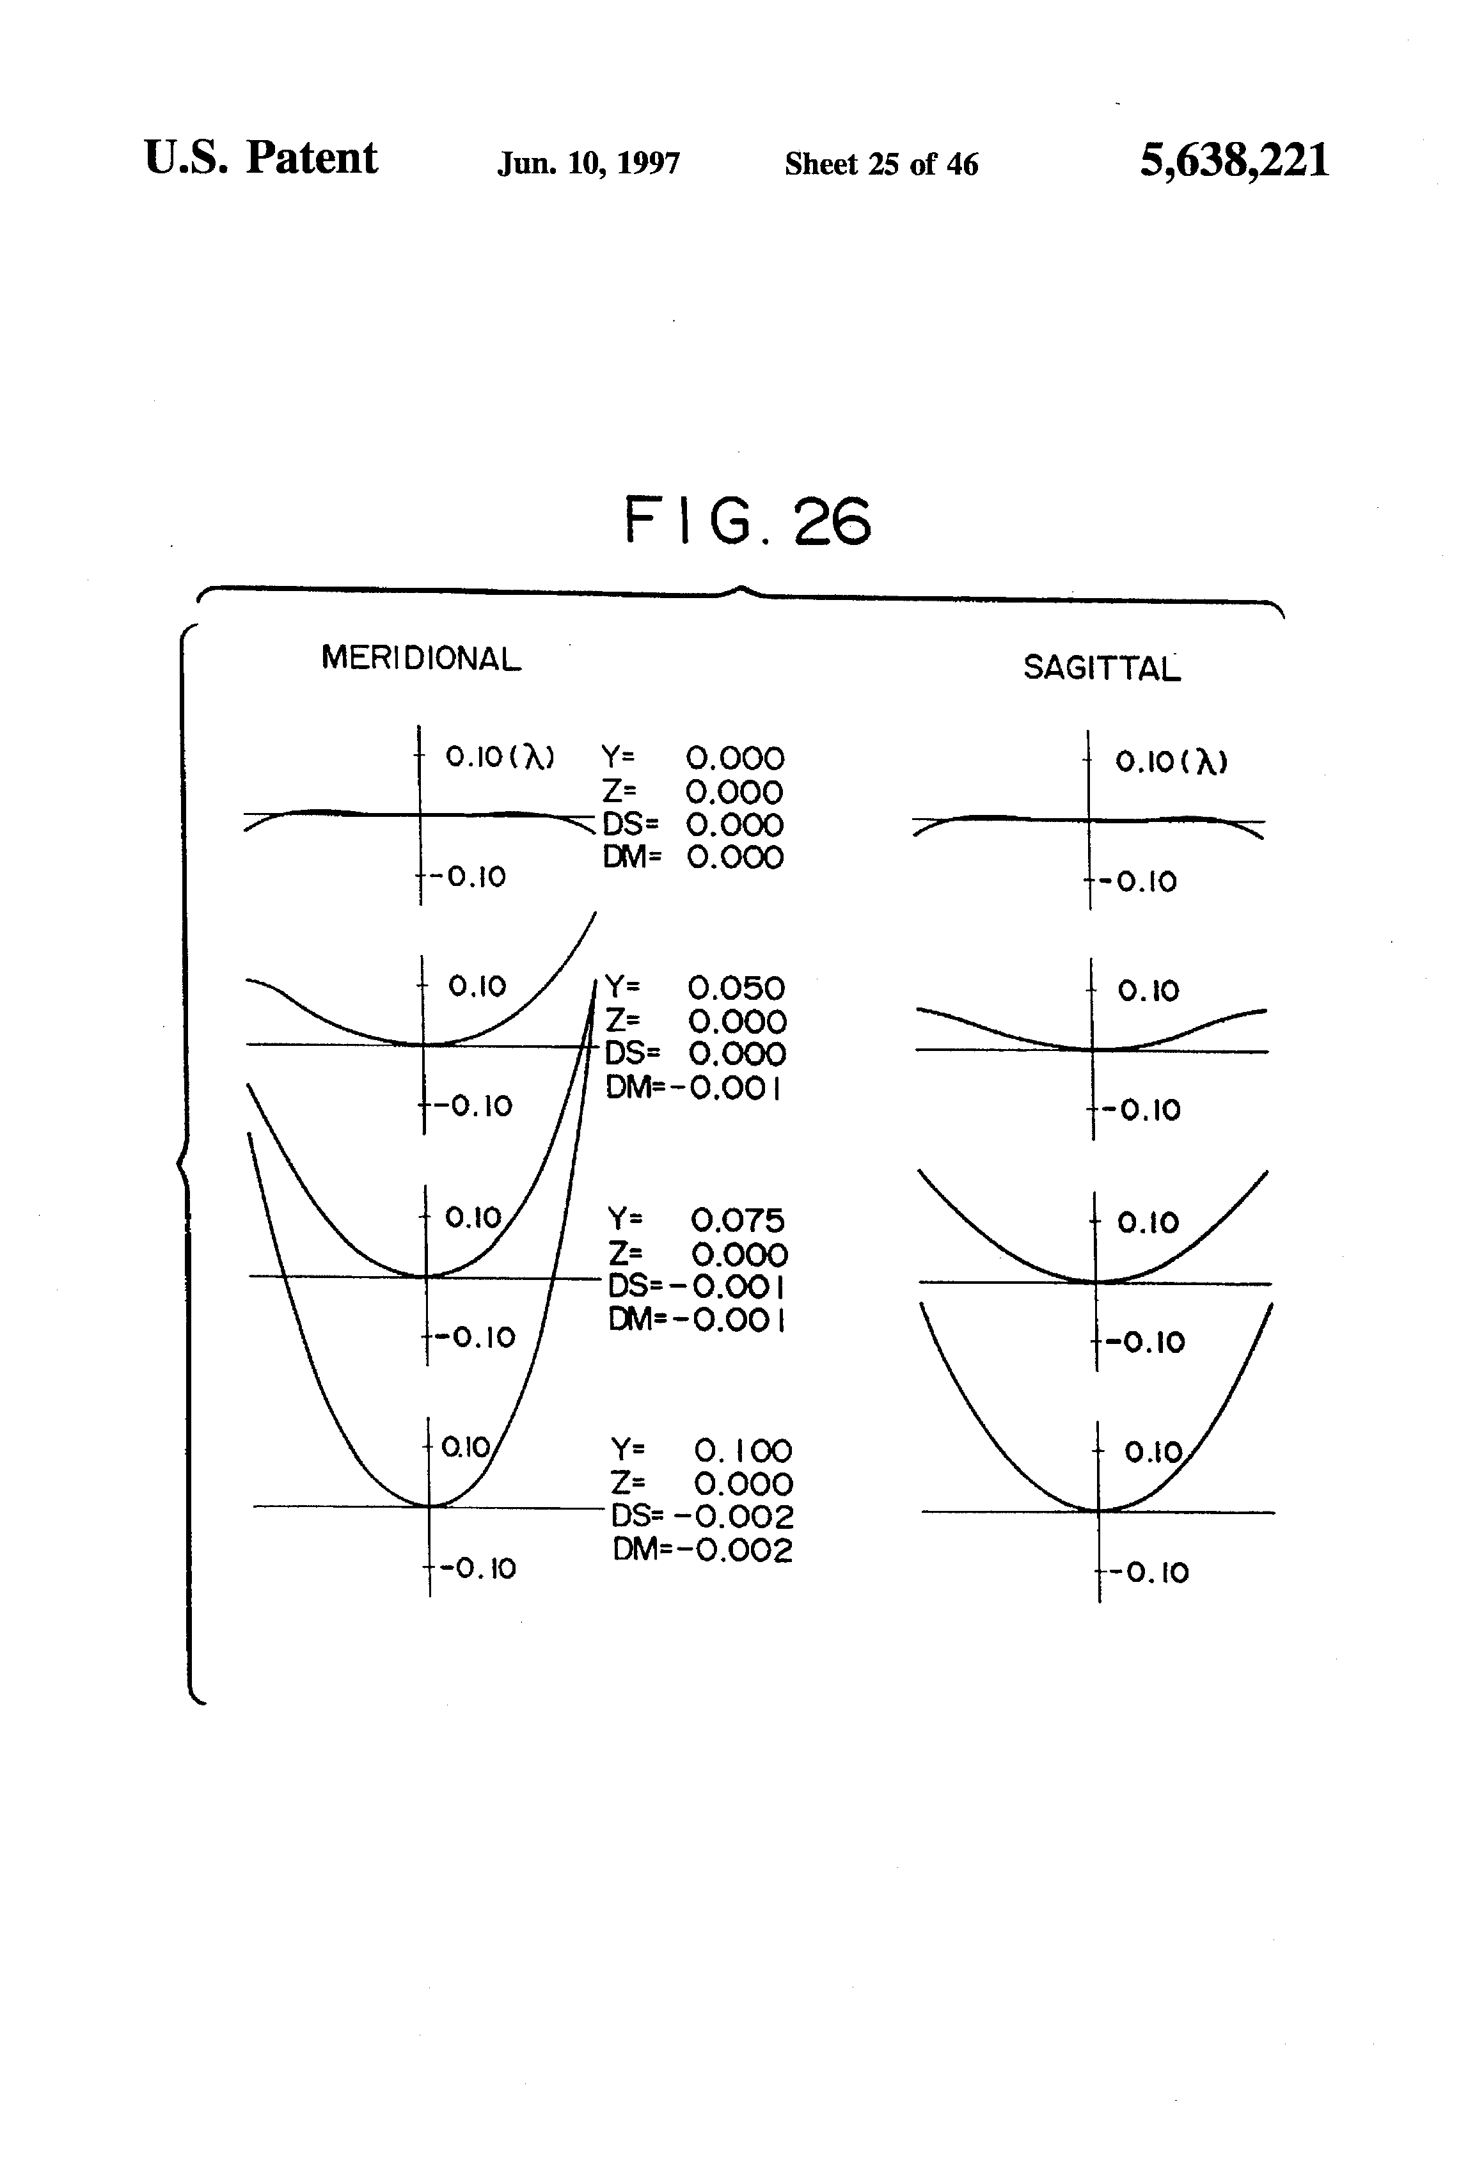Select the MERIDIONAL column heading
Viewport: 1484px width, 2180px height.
coord(420,658)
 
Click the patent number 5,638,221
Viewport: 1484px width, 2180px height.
coord(1233,161)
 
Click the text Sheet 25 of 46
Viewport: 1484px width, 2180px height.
coord(881,164)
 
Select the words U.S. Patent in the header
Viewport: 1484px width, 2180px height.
coord(261,157)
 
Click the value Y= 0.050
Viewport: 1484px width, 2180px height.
coord(694,988)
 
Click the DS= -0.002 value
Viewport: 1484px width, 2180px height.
coord(702,1517)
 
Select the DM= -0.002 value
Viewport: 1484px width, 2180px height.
coord(702,1550)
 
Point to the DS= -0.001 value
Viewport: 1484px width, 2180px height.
coord(697,1285)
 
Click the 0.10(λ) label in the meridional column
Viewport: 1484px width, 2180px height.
coord(499,756)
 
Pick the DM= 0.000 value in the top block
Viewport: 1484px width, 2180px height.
coord(692,857)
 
